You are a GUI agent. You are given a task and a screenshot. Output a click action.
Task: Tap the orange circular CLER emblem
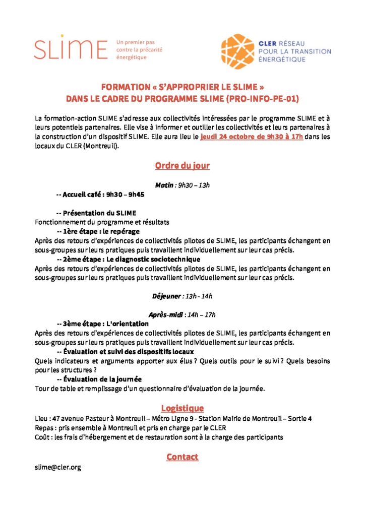[x=237, y=51]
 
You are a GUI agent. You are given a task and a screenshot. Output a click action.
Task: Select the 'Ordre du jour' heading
[x=182, y=166]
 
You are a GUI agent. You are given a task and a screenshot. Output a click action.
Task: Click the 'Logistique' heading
[x=182, y=408]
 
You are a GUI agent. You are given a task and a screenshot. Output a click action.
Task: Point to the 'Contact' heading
[x=182, y=457]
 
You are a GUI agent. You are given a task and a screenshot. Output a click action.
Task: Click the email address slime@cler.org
[x=58, y=468]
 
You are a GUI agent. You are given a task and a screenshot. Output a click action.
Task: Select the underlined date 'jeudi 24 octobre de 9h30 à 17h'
[x=252, y=137]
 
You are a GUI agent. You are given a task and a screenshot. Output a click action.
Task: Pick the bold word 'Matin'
[x=164, y=185]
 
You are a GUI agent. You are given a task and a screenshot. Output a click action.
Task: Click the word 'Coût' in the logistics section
[x=42, y=437]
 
